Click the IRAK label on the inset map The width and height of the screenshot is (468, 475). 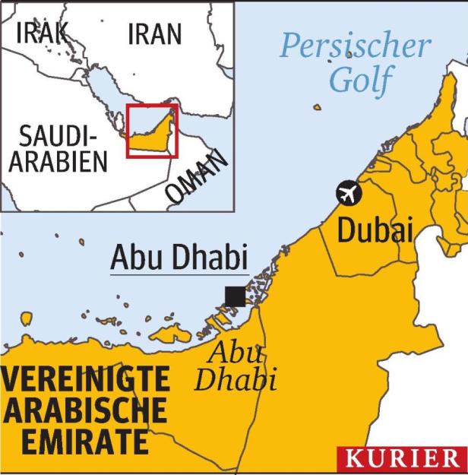pos(42,33)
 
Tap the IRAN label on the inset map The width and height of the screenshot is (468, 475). pos(154,33)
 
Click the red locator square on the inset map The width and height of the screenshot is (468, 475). pos(152,131)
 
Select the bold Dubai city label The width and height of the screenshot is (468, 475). pos(375,230)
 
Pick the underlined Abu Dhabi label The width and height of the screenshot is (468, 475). pos(180,258)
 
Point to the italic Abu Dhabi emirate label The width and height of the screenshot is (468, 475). pos(235,366)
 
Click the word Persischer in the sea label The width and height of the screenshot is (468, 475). pos(355,46)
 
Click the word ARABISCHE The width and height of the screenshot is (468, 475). pos(84,410)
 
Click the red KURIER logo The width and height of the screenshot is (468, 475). pos(402,459)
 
